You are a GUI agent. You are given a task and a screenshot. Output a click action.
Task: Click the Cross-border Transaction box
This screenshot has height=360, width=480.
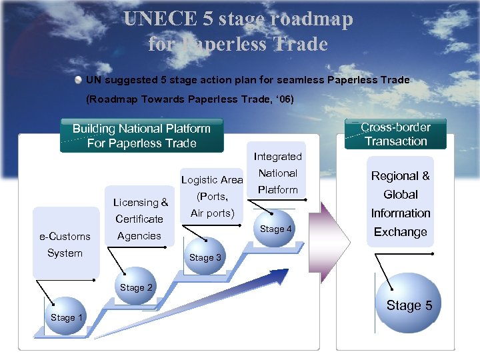click(x=395, y=134)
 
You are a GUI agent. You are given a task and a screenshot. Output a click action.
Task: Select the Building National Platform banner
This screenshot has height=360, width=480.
click(x=141, y=136)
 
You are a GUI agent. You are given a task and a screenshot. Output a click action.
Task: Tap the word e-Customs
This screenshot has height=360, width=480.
click(x=65, y=236)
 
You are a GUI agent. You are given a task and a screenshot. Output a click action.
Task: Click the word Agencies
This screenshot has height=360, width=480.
click(x=139, y=235)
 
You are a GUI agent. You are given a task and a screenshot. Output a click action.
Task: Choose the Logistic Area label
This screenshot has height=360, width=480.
click(x=212, y=180)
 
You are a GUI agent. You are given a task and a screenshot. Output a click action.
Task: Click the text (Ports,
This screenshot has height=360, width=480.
click(x=213, y=197)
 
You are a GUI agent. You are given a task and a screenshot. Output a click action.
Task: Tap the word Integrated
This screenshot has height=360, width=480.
click(x=277, y=157)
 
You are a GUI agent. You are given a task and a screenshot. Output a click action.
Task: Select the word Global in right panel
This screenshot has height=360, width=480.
click(x=400, y=195)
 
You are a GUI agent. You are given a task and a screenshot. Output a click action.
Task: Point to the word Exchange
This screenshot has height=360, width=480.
click(x=400, y=232)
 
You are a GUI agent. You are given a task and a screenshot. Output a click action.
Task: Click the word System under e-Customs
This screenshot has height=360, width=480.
click(x=65, y=253)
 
